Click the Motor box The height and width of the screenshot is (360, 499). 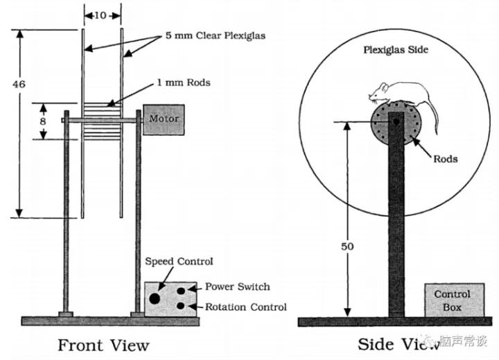[x=164, y=119]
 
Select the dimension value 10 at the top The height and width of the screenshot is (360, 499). [x=101, y=15]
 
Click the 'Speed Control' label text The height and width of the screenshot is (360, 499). [x=179, y=262]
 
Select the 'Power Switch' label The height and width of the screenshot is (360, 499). [x=237, y=286]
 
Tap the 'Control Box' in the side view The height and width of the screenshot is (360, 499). [x=452, y=300]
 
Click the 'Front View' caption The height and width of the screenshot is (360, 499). [x=103, y=345]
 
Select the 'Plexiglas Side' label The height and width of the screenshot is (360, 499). [x=396, y=50]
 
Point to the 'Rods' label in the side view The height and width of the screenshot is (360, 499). [x=446, y=159]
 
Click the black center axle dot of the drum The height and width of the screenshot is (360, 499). [x=396, y=121]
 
